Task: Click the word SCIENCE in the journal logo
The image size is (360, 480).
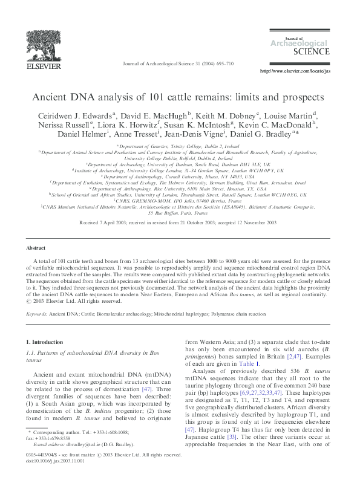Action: point(310,52)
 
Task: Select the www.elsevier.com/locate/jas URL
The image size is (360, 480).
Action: point(295,71)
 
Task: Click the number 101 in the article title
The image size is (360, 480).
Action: point(155,97)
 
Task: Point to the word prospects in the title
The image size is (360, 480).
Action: point(303,97)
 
